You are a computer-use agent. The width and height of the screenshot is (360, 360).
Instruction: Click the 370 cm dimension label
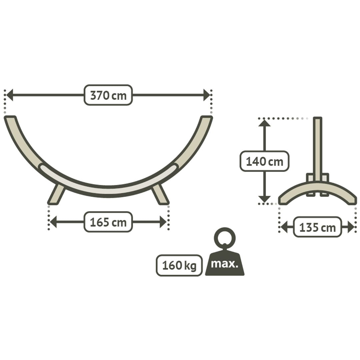click(108, 95)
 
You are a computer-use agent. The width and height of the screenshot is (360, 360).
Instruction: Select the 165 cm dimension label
click(108, 222)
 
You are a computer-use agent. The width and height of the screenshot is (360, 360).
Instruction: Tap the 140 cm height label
click(264, 161)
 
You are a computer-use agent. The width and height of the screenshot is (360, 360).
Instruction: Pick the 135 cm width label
click(318, 227)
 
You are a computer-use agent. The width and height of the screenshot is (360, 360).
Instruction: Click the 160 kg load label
click(179, 265)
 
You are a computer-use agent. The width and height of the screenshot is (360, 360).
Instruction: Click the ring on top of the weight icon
click(225, 238)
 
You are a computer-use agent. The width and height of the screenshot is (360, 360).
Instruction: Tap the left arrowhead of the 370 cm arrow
click(9, 95)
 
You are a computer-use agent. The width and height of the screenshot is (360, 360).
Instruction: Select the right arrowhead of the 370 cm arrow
click(207, 95)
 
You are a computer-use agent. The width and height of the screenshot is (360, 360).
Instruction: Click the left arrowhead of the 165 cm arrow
click(53, 222)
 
